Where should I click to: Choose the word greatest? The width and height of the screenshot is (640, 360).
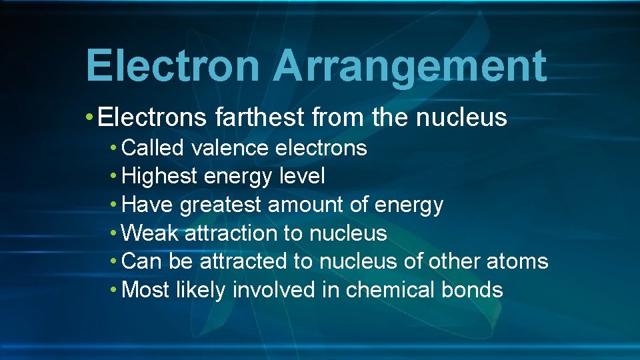point(221,205)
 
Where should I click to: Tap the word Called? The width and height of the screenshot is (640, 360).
point(153,147)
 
